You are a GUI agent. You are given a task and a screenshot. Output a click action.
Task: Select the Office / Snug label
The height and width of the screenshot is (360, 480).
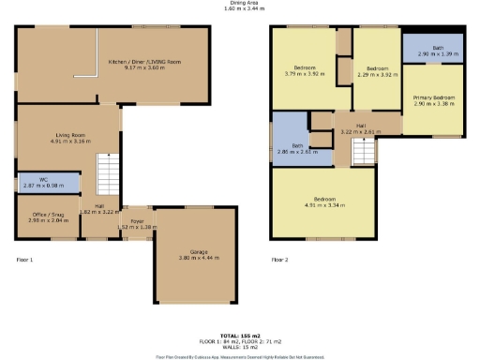42,216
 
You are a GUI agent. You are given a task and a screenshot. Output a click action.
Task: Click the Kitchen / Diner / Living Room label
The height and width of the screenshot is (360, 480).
143,62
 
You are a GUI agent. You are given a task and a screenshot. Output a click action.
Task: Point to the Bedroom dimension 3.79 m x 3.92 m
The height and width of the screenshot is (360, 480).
306,73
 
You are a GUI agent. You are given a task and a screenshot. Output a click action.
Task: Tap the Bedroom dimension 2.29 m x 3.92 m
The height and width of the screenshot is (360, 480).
377,73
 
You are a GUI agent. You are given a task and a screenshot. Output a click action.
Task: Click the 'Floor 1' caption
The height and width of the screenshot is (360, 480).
24,259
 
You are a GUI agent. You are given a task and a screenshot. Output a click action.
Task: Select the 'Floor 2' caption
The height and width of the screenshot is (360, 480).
279,259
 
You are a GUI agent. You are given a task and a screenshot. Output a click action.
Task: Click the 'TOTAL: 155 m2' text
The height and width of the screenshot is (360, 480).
239,334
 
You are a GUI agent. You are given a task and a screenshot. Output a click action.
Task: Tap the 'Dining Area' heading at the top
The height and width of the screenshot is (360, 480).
240,3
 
